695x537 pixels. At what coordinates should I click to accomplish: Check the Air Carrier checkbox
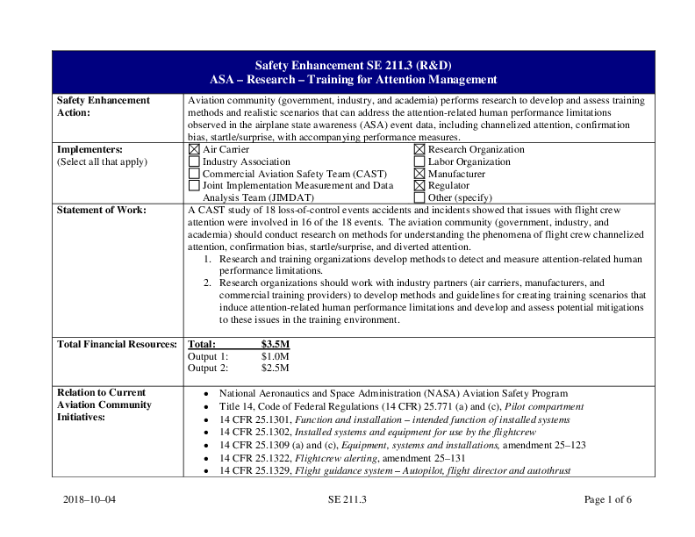coord(194,150)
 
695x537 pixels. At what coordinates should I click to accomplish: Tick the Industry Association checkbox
coord(194,162)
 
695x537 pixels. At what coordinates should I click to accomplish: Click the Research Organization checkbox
coord(419,150)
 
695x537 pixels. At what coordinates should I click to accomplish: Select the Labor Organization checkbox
coord(419,162)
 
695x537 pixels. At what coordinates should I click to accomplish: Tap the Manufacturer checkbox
coord(419,174)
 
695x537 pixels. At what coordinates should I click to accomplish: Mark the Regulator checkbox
coord(419,186)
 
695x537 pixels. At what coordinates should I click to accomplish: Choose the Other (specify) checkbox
coord(419,197)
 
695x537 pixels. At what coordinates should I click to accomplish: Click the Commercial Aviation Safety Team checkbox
coord(194,174)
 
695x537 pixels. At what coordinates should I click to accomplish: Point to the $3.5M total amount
coord(276,345)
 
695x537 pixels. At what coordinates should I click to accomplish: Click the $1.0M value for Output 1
coord(276,356)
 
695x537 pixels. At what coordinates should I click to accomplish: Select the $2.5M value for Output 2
coord(276,369)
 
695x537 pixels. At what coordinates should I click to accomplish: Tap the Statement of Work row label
coord(101,211)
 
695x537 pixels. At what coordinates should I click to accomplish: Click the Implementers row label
coord(89,150)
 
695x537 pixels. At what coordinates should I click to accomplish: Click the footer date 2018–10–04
coord(90,500)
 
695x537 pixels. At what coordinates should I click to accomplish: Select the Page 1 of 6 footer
coord(607,500)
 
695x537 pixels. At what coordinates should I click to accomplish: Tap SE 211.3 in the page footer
coord(347,500)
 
